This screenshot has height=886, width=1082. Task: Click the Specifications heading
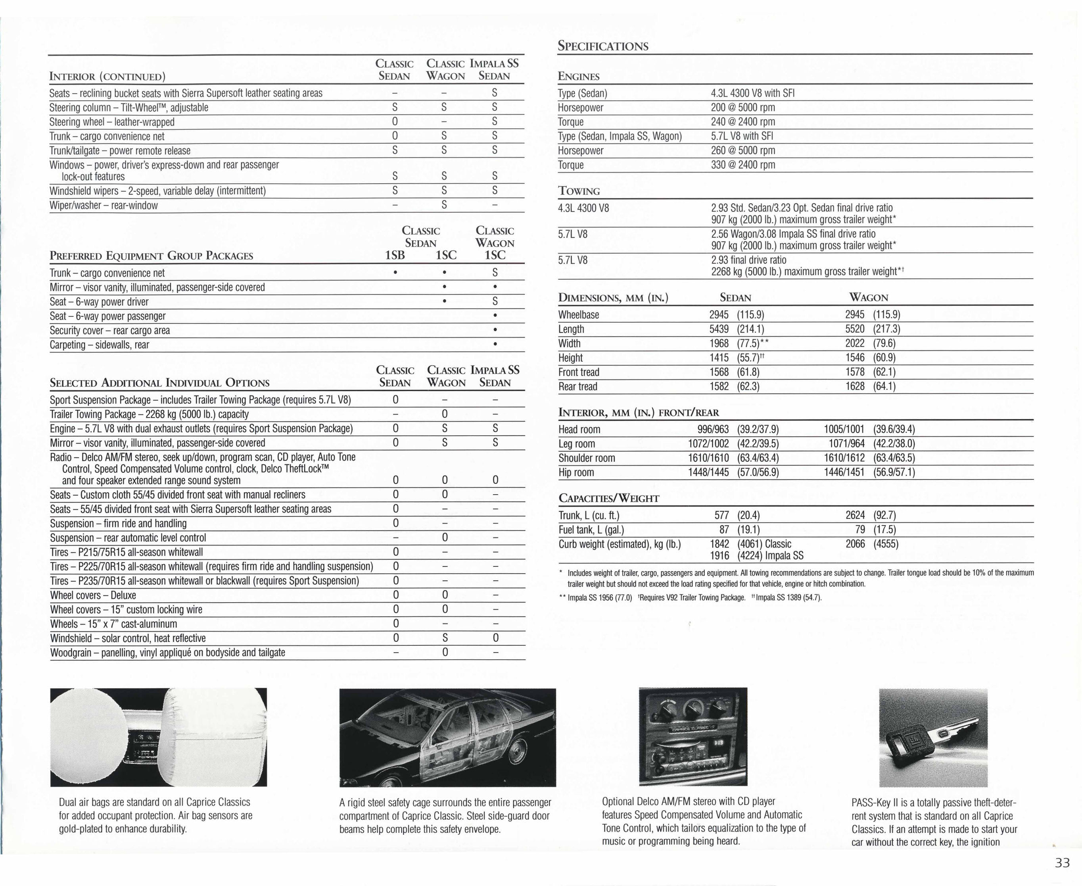[603, 46]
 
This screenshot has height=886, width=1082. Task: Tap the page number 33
[1062, 863]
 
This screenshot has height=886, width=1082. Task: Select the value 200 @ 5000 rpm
[742, 108]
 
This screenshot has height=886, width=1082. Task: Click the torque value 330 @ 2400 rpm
[742, 165]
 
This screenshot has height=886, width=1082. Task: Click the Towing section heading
[579, 191]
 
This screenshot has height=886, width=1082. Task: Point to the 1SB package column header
[395, 255]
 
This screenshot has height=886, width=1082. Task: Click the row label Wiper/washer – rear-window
[104, 206]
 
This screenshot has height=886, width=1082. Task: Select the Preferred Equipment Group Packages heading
[152, 256]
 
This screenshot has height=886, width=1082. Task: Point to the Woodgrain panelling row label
[167, 653]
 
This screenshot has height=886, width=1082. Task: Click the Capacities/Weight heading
[609, 498]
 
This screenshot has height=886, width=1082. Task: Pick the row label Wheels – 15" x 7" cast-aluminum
[114, 624]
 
